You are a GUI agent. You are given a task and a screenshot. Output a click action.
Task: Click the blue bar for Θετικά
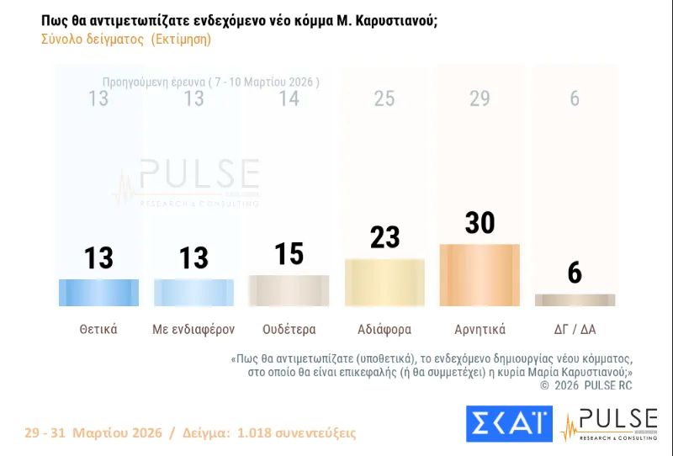98,292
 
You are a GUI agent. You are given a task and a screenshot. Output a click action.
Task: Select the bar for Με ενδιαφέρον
194,292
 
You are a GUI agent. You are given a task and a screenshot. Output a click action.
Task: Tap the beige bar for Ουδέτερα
289,290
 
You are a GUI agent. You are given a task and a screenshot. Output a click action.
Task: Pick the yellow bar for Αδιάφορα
384,282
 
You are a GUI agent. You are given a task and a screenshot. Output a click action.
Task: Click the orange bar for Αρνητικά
480,275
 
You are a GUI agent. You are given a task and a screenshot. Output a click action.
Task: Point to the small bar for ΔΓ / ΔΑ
575,300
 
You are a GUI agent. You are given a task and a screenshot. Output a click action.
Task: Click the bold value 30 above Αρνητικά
480,223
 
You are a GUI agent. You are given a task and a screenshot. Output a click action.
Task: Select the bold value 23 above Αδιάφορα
384,237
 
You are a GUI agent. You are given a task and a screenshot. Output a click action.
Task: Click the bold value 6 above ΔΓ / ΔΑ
575,273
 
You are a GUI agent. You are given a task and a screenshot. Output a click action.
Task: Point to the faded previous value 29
480,99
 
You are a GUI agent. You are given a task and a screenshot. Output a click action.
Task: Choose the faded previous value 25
384,99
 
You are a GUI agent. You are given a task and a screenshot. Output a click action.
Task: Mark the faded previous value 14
289,99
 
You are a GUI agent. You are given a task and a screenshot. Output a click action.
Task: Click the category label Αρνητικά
480,329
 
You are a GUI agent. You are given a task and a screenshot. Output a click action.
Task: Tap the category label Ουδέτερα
289,329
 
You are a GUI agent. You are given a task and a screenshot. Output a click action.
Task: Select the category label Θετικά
98,329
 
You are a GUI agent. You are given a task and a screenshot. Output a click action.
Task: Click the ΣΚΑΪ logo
509,423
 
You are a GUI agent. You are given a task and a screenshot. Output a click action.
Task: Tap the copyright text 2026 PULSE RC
591,385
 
